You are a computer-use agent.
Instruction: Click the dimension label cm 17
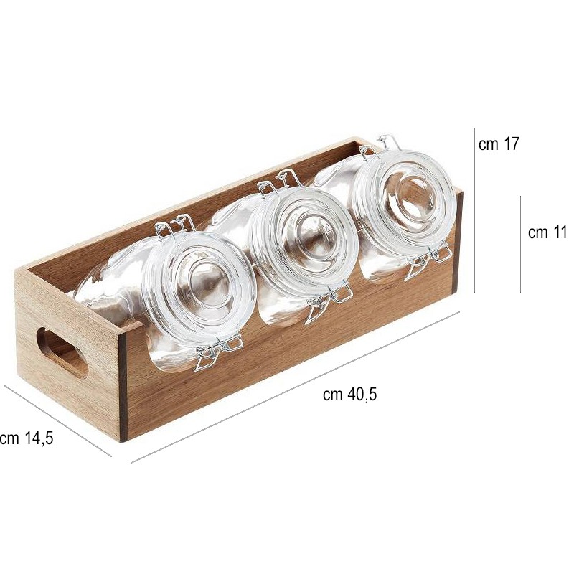(499, 144)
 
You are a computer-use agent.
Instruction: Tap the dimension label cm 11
(547, 232)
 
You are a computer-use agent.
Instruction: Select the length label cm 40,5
(349, 394)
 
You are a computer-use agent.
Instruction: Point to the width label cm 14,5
(27, 438)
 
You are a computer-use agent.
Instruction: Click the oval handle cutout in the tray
(62, 353)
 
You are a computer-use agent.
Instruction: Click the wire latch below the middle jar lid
(329, 302)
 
